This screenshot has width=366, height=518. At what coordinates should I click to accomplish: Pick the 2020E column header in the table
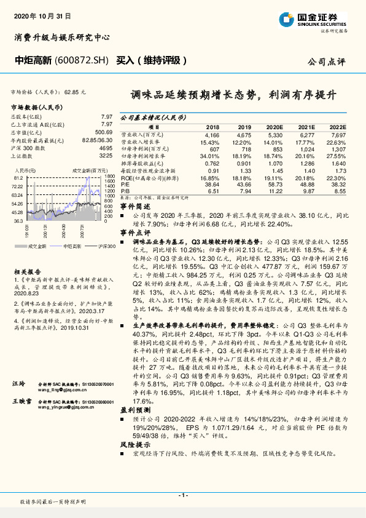(x=275, y=126)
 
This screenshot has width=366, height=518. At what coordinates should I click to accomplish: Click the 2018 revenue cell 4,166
(x=212, y=134)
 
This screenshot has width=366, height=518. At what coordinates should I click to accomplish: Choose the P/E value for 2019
(x=244, y=185)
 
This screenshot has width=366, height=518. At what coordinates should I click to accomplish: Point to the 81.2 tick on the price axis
(x=18, y=177)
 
